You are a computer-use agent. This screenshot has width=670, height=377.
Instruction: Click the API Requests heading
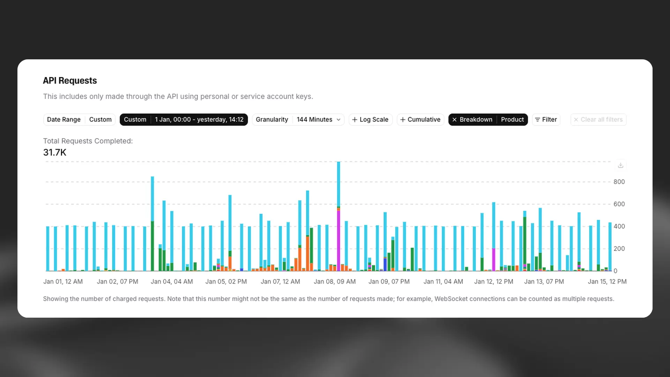(x=70, y=81)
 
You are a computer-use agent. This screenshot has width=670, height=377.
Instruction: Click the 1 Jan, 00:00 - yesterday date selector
(x=199, y=119)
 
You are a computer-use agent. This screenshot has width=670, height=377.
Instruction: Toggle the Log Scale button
(x=370, y=119)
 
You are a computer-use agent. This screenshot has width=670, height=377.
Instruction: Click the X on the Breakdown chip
(x=454, y=119)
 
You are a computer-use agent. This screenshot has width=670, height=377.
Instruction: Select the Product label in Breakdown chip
(x=512, y=119)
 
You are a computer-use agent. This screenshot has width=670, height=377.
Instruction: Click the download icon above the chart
(x=620, y=165)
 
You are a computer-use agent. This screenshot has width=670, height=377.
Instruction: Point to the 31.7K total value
(x=55, y=152)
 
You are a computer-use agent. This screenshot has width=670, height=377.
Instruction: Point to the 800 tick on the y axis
(x=619, y=182)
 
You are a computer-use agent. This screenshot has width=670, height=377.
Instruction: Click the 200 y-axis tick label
(x=619, y=249)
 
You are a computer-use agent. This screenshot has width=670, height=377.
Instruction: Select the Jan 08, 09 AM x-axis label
(x=334, y=281)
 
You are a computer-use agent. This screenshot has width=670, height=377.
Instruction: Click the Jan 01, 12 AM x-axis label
(x=63, y=281)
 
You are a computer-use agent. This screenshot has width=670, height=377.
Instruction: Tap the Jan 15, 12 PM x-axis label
(x=607, y=281)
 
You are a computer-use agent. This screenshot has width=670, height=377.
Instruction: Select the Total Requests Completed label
(x=88, y=141)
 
